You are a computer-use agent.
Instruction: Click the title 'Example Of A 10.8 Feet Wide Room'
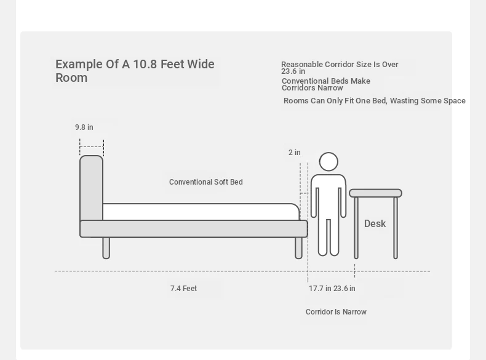(135, 71)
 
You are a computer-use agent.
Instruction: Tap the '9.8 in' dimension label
(84, 127)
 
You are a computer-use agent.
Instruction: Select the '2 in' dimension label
(295, 153)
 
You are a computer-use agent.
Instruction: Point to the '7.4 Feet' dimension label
(183, 289)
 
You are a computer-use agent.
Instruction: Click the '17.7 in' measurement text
(320, 289)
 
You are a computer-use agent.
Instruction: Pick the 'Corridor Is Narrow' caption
(336, 311)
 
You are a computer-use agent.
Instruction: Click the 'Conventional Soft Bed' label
(206, 182)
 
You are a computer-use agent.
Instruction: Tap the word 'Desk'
(375, 223)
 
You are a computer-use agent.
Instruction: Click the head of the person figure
(329, 162)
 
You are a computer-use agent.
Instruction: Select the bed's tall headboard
(91, 188)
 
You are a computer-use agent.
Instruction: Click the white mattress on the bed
(201, 212)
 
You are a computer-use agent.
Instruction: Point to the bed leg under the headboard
(106, 248)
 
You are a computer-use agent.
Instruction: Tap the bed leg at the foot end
(298, 248)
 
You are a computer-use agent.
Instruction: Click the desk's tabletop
(375, 193)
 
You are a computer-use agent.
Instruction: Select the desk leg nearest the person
(356, 228)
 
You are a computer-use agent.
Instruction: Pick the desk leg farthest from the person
(396, 228)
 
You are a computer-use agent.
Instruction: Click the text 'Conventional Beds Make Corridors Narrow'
(326, 84)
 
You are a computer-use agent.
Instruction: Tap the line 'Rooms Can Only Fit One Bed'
(335, 101)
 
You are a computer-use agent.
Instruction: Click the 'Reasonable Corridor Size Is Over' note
(340, 65)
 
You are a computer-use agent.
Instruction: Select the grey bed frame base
(194, 229)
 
